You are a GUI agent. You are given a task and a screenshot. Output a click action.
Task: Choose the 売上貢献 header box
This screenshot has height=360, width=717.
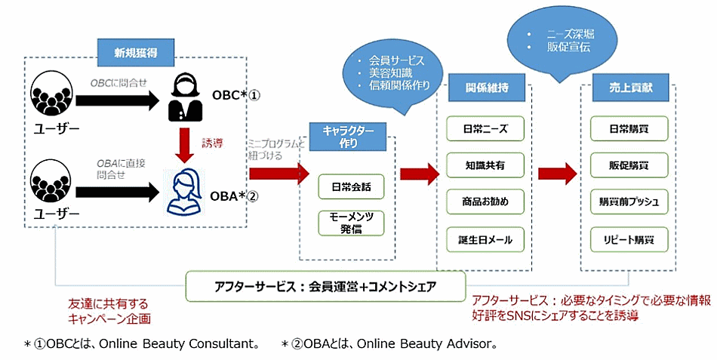[628, 88]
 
